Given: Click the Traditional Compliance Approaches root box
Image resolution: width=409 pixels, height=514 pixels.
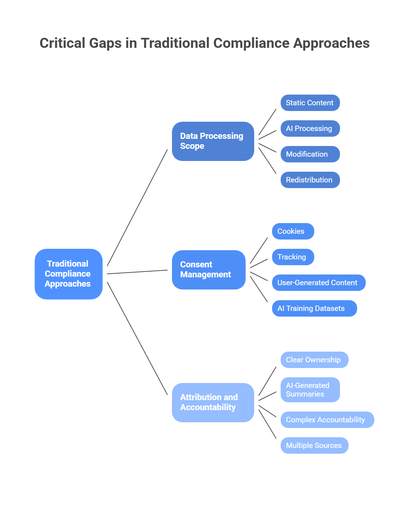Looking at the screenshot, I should pyautogui.click(x=69, y=274).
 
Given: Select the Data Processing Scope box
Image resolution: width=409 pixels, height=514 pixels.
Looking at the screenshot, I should pyautogui.click(x=213, y=141).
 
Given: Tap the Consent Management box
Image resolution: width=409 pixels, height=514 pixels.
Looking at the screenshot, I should pyautogui.click(x=209, y=270).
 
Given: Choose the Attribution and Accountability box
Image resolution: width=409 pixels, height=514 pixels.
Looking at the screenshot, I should pyautogui.click(x=213, y=403).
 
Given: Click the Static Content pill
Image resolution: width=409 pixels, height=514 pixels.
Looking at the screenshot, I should pyautogui.click(x=310, y=103).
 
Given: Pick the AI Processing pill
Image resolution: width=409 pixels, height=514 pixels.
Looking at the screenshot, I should pyautogui.click(x=310, y=128).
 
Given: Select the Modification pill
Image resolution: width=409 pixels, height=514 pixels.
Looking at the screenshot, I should pyautogui.click(x=310, y=154).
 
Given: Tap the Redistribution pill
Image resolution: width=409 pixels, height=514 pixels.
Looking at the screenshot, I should pyautogui.click(x=310, y=180).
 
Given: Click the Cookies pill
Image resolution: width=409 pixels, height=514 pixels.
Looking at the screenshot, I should pyautogui.click(x=293, y=231).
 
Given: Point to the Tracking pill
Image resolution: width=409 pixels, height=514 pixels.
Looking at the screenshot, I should pyautogui.click(x=293, y=257).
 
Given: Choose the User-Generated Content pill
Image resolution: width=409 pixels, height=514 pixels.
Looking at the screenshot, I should pyautogui.click(x=319, y=283).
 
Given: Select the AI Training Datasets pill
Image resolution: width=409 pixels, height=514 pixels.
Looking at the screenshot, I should pyautogui.click(x=314, y=308).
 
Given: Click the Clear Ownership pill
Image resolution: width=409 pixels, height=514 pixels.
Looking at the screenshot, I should pyautogui.click(x=314, y=360).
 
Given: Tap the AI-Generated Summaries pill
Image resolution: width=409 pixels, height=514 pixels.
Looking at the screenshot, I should pyautogui.click(x=310, y=390).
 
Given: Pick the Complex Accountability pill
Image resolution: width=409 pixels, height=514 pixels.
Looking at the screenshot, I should pyautogui.click(x=327, y=420).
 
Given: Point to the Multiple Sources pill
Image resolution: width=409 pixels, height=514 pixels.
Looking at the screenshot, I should pyautogui.click(x=314, y=445).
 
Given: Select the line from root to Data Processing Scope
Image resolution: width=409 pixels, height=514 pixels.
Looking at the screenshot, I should pyautogui.click(x=137, y=208).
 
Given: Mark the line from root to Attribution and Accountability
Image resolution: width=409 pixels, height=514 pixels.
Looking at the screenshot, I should pyautogui.click(x=137, y=338).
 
